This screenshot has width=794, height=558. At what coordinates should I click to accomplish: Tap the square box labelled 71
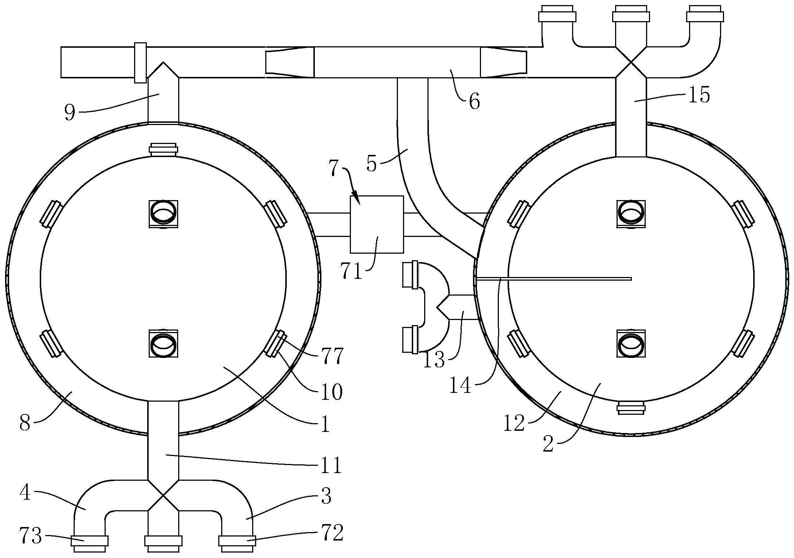[x=377, y=224]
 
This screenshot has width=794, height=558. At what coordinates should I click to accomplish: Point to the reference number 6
[x=474, y=102]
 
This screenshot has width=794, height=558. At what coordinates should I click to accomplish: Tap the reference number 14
[x=461, y=385]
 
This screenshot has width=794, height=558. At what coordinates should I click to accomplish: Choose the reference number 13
[x=434, y=359]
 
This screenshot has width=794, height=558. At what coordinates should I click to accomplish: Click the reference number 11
[x=331, y=465]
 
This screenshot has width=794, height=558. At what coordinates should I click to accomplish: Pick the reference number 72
[x=332, y=534]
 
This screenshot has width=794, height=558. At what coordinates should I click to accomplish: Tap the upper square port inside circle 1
[x=163, y=214]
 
